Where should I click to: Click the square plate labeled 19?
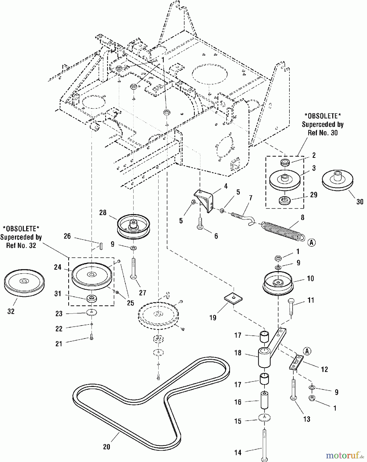tap(233, 299)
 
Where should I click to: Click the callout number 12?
tap(324, 369)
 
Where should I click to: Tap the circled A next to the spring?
tap(311, 242)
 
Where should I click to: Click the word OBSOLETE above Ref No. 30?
tap(323, 116)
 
